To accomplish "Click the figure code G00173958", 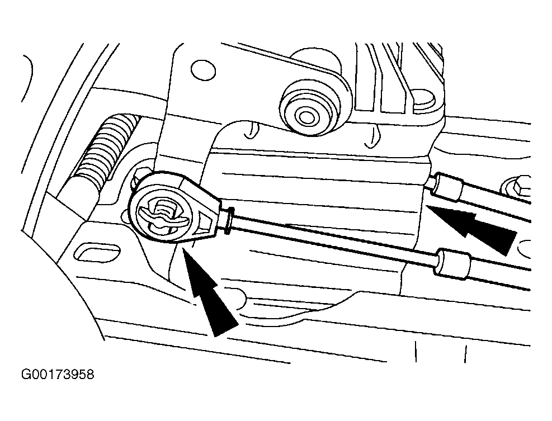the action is click(x=58, y=374).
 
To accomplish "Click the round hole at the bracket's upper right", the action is click(x=423, y=99).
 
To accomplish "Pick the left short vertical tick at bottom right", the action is click(x=416, y=351).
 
